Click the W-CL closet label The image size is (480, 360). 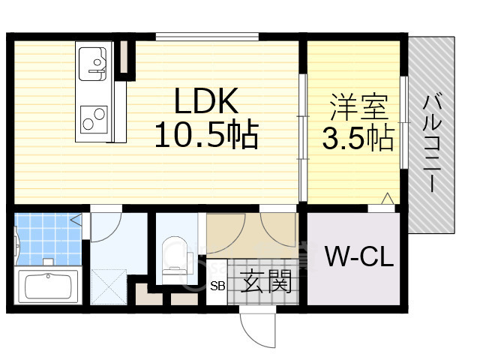click(x=358, y=258)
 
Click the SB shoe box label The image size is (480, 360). click(x=217, y=286)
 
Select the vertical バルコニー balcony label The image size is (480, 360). click(x=431, y=142)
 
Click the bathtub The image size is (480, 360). click(x=49, y=286)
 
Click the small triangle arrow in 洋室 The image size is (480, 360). click(x=387, y=198)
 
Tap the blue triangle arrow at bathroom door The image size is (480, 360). click(x=76, y=220)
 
